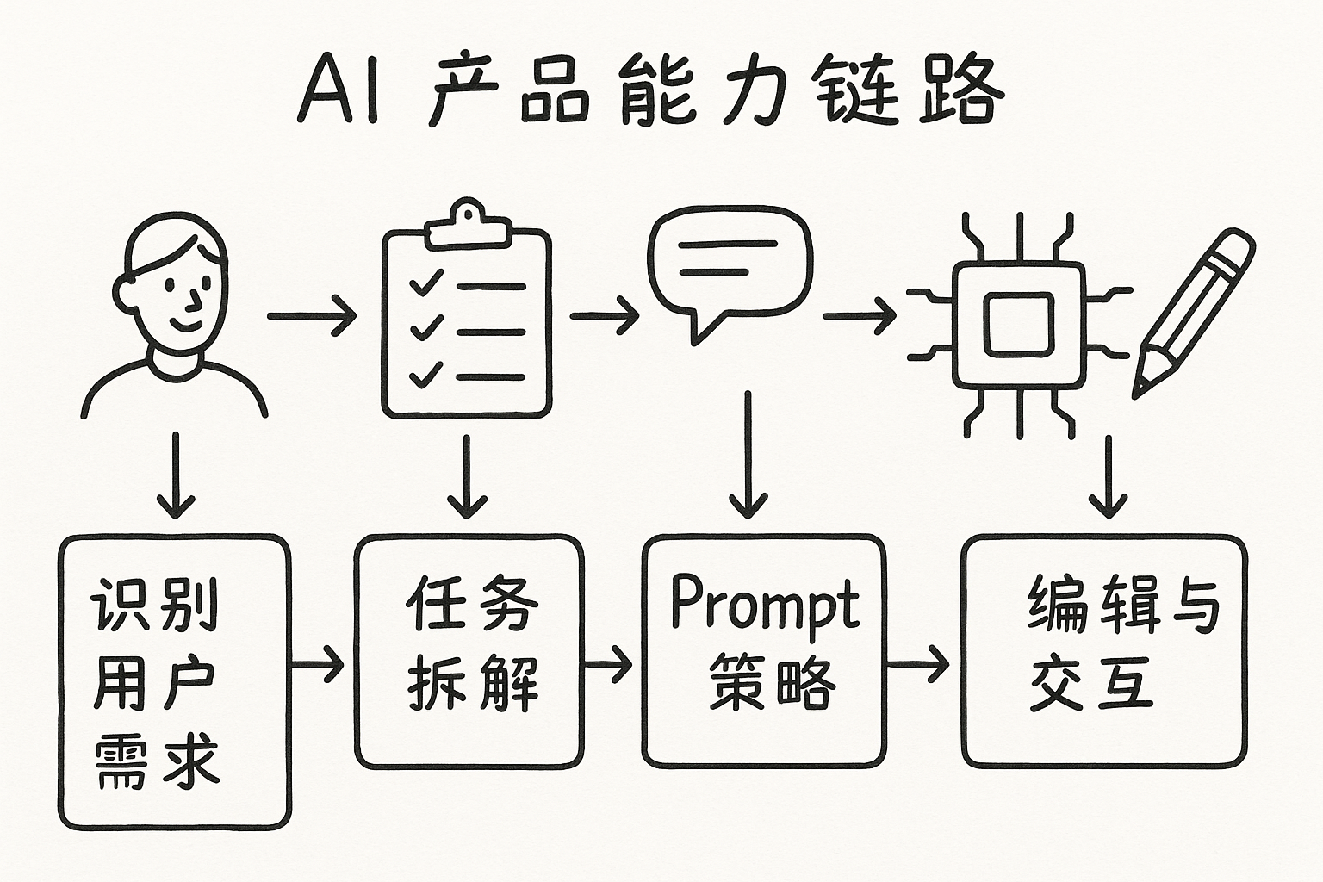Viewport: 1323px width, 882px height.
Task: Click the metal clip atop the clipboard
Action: tap(466, 220)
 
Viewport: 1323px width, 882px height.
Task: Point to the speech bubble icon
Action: tap(730, 267)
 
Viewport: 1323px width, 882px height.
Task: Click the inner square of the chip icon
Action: tap(1019, 324)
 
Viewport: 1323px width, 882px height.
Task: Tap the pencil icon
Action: tap(1192, 310)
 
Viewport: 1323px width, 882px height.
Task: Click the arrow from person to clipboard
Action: tap(312, 316)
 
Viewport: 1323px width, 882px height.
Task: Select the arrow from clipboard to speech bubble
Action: tap(604, 316)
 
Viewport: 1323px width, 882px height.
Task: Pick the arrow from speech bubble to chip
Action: tap(859, 316)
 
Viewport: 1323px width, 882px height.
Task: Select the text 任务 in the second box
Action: tap(471, 604)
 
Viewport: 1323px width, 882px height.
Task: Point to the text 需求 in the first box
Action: tap(156, 761)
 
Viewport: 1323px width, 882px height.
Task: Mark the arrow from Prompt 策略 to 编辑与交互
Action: tap(918, 664)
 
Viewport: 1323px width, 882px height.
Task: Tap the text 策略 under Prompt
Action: tap(772, 684)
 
